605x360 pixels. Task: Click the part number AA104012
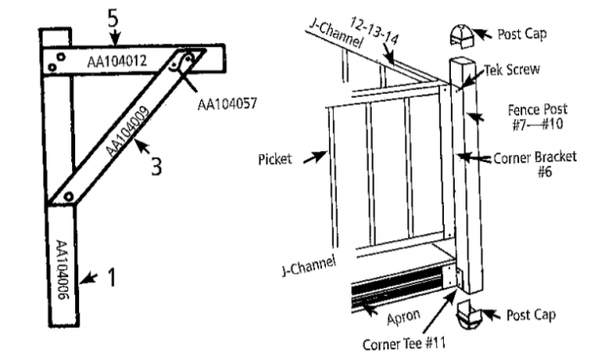coord(115,61)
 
